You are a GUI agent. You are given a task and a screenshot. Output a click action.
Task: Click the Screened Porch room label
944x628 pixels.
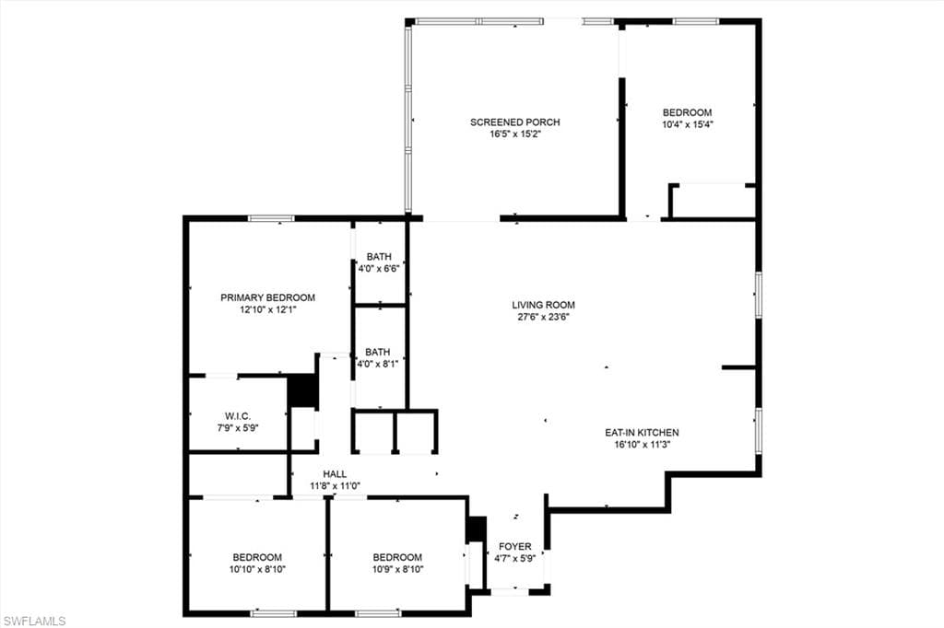click(514, 122)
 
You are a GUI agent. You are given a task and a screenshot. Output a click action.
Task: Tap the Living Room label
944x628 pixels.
click(544, 305)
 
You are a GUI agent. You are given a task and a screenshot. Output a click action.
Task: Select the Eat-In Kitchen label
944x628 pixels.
click(642, 432)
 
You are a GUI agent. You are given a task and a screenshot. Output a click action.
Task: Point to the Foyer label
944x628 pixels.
click(515, 546)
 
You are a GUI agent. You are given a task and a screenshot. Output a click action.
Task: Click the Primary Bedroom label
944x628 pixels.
click(267, 297)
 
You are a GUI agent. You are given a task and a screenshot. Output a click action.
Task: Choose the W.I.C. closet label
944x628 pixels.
click(238, 416)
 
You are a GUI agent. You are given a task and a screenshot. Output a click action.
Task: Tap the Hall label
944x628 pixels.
click(335, 473)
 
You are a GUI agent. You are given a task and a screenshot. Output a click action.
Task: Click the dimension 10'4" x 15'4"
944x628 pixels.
click(687, 124)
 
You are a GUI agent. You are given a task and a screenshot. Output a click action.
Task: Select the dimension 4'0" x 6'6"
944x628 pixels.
click(379, 269)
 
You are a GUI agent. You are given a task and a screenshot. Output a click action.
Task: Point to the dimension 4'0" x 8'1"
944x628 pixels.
click(378, 364)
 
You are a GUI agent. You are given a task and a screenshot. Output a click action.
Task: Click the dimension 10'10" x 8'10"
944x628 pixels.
click(257, 569)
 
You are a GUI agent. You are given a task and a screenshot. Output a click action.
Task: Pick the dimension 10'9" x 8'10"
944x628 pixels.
click(397, 569)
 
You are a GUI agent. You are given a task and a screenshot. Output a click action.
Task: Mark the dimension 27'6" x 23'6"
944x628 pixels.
click(544, 317)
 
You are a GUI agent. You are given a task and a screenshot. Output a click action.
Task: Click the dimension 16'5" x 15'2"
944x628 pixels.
click(514, 134)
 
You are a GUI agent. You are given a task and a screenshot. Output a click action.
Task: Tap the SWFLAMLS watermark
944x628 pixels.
click(34, 621)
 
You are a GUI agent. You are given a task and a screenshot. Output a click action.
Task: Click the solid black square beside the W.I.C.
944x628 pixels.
click(302, 390)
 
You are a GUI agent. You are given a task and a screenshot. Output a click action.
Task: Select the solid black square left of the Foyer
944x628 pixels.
click(476, 529)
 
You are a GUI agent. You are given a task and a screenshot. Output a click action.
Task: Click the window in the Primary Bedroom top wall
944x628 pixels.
click(271, 218)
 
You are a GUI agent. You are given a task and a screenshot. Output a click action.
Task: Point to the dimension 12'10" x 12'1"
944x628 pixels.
click(267, 309)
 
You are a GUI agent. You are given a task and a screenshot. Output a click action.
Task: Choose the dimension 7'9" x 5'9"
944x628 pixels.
click(238, 427)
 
